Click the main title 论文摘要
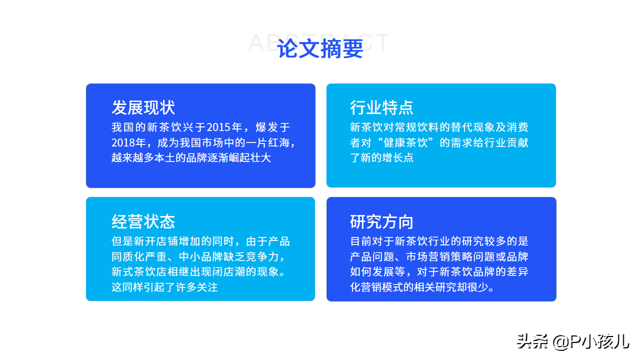[x=320, y=49]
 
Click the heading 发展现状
[x=143, y=108]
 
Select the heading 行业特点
[x=382, y=108]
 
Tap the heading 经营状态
[x=143, y=222]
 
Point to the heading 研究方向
[x=382, y=222]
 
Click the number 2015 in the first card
[x=219, y=127]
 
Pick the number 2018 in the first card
[x=123, y=142]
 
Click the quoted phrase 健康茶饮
[x=406, y=142]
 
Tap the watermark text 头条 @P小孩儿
[x=573, y=341]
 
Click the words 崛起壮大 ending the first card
[x=250, y=158]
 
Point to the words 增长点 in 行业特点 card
[x=398, y=158]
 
